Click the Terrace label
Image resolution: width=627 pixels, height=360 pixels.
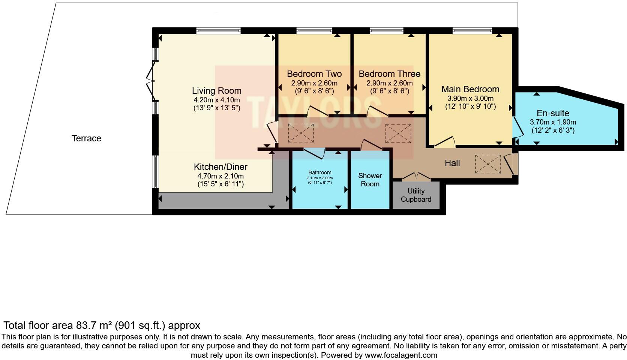(x=86, y=138)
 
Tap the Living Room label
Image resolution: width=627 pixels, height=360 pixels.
(x=217, y=91)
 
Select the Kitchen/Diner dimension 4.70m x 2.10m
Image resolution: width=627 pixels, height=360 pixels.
(x=220, y=176)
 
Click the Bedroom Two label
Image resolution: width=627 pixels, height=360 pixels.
(x=314, y=74)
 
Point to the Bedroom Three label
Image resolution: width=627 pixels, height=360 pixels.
(x=389, y=74)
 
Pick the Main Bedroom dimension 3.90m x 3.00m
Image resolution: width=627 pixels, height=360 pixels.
(x=470, y=98)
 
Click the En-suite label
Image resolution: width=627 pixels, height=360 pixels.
(x=553, y=113)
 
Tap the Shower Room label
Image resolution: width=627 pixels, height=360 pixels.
(x=370, y=180)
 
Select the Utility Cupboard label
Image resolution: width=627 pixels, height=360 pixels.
(x=416, y=195)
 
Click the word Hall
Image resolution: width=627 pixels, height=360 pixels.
(x=452, y=163)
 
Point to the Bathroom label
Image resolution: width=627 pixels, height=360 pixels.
(x=320, y=173)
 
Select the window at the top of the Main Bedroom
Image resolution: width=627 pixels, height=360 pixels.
(x=472, y=31)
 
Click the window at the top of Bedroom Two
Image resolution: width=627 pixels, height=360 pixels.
(x=314, y=31)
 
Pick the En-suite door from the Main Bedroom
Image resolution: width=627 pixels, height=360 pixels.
(x=517, y=127)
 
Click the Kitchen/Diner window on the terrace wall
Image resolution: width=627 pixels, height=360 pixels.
(x=155, y=172)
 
